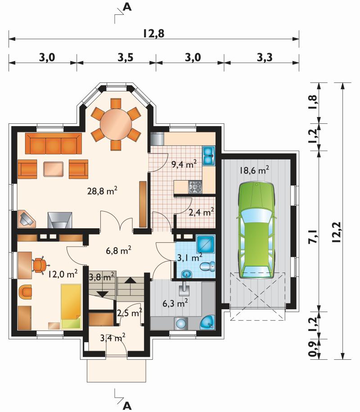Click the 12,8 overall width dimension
coord(154,34)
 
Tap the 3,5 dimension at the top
coord(125,57)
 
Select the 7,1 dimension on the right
coord(313,237)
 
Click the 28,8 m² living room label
coord(102,191)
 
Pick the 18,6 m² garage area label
coord(254,170)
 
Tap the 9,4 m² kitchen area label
coord(184,164)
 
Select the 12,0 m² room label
coord(63,274)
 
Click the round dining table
coord(116,124)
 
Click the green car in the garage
coord(256,230)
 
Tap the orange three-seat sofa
coord(54,144)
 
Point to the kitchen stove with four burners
coord(195,187)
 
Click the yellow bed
coord(71,306)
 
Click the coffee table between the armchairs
coord(53,169)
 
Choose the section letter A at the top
coord(127,7)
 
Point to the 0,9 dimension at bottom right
coord(313,349)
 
